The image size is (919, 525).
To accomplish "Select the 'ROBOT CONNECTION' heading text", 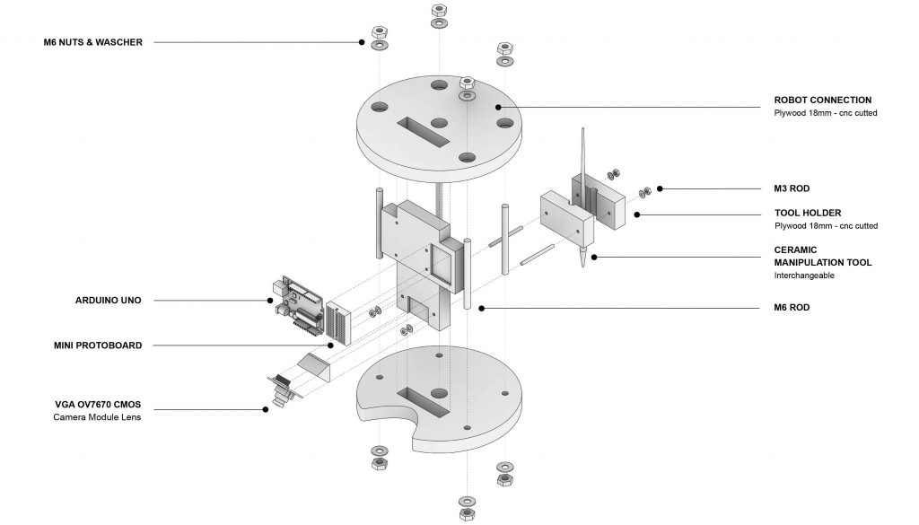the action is point(822,101).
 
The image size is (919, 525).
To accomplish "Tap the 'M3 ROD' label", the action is point(792,188).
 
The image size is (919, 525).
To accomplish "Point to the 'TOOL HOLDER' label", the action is point(808,214).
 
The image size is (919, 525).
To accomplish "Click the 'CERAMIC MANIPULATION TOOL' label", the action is point(822,256).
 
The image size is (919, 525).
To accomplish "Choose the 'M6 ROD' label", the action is point(792,308).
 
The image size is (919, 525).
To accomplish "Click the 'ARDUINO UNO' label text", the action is point(109,301).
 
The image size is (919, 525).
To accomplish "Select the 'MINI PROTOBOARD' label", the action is point(98,346).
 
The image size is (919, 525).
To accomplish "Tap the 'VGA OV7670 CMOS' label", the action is point(98,405).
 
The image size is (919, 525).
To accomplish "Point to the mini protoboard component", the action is point(339,321).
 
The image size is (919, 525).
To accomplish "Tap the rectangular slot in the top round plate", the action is point(424,131).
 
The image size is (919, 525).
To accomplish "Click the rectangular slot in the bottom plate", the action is point(423,402).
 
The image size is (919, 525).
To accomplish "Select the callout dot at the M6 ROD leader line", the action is point(481,308).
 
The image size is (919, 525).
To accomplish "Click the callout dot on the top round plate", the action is point(497,107).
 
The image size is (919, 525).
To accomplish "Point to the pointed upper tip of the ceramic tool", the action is point(582,129).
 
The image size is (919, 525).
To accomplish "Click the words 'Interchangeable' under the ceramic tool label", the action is point(804,276).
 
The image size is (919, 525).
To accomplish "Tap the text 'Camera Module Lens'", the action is point(97,417).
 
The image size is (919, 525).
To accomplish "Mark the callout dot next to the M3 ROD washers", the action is point(660,188).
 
